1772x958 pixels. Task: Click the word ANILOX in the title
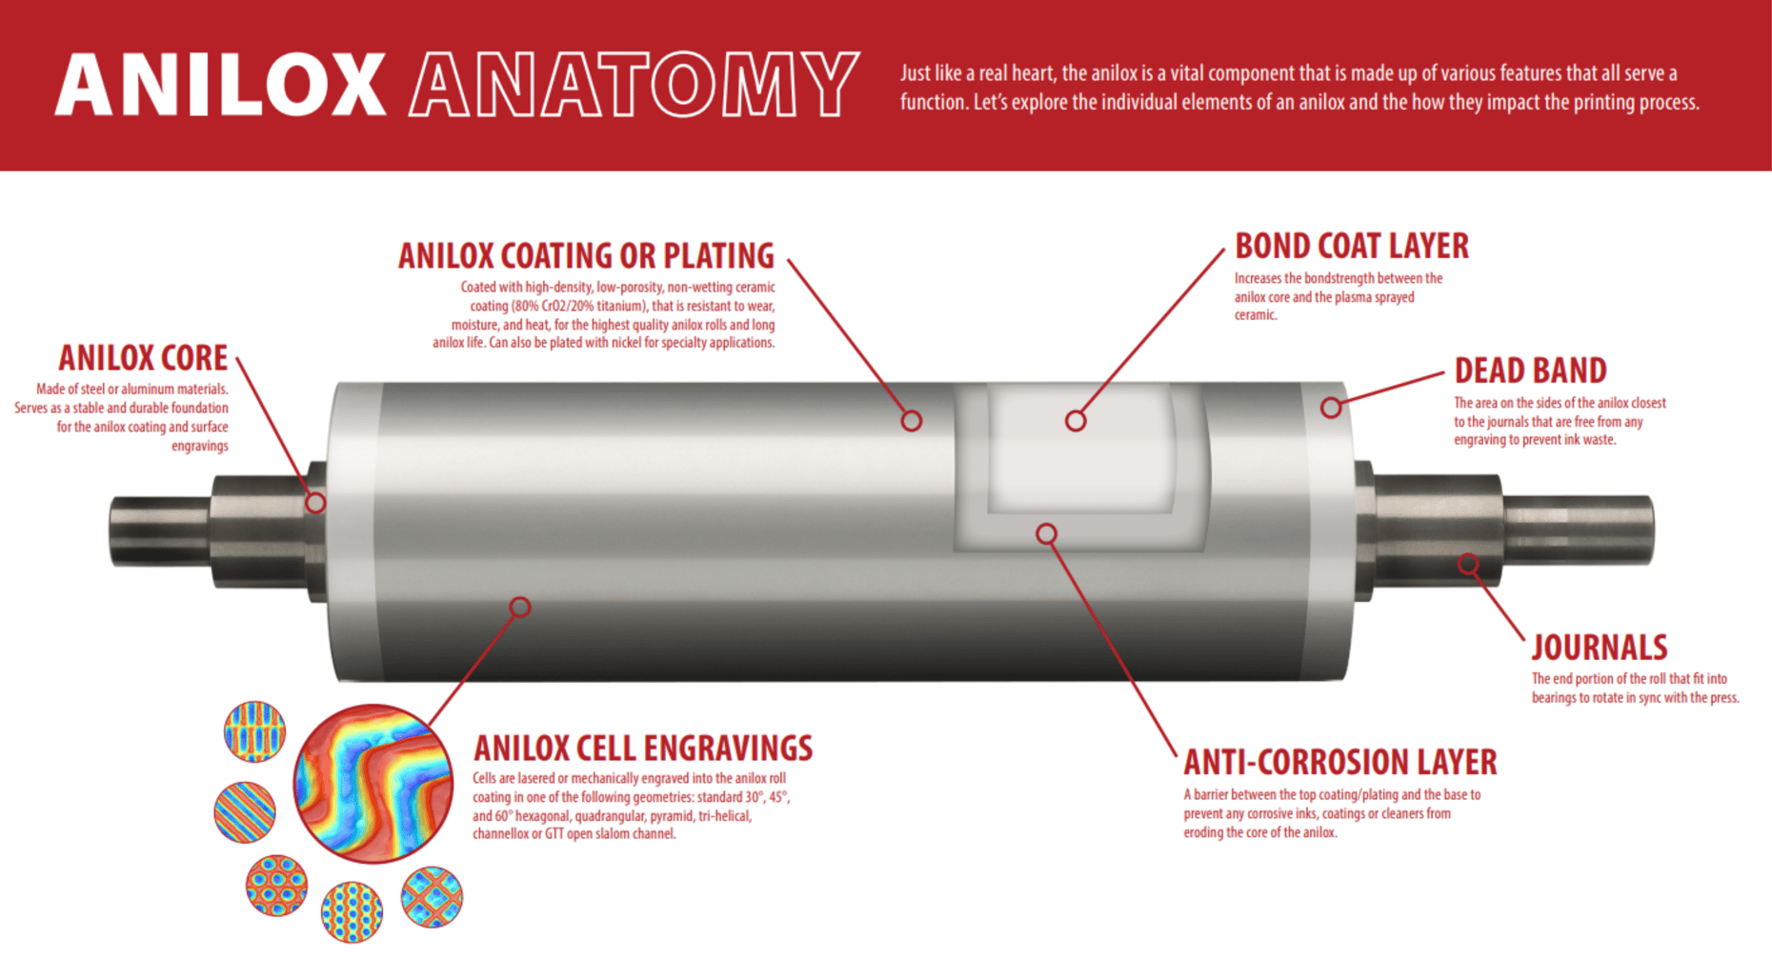[x=220, y=86]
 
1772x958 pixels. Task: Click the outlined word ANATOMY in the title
[x=634, y=86]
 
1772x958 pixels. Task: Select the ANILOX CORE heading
[x=143, y=358]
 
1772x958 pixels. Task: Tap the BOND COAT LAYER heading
[x=1351, y=247]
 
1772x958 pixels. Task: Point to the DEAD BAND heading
[x=1530, y=370]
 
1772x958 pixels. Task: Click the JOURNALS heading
[x=1599, y=648]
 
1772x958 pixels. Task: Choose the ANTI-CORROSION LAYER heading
[x=1339, y=763]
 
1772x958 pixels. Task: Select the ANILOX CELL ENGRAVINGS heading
[x=643, y=748]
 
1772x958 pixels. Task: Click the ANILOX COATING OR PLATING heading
[x=586, y=256]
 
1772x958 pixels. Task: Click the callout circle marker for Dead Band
[x=1331, y=409]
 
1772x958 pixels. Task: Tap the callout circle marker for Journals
[x=1468, y=564]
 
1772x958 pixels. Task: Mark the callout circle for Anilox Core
[x=315, y=503]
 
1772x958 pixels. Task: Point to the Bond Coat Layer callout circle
[x=1076, y=421]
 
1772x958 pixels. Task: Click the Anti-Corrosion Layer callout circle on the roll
[x=1046, y=534]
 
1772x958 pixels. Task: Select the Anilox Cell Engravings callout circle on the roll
[x=520, y=607]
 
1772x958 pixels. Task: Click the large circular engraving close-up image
[x=373, y=783]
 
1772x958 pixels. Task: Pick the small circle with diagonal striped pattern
[x=245, y=812]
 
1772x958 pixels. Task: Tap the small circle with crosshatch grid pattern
[x=432, y=896]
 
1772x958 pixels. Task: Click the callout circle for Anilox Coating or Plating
[x=912, y=421]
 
